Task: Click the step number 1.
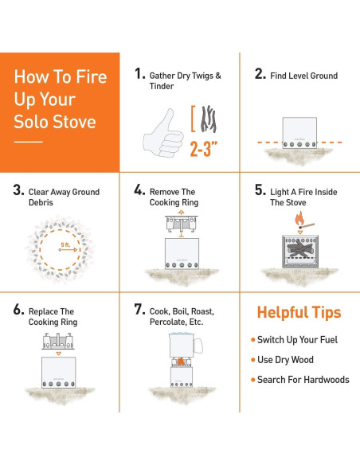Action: click(x=139, y=74)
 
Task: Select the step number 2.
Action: click(x=260, y=75)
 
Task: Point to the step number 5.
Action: click(x=260, y=191)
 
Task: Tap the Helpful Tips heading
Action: click(x=299, y=312)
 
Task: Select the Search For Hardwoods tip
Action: click(x=303, y=380)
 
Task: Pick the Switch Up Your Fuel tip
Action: click(x=297, y=340)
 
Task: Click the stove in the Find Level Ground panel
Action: click(x=299, y=133)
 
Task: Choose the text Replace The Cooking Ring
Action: click(x=53, y=317)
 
